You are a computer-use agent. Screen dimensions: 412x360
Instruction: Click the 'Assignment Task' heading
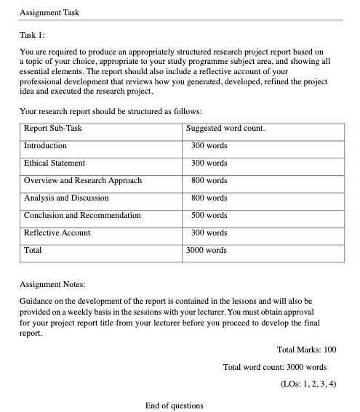tap(49, 12)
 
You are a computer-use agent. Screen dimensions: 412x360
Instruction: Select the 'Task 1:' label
tap(32, 35)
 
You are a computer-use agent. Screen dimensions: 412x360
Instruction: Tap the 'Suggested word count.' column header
tap(225, 129)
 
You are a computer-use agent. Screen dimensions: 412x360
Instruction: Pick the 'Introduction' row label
tap(45, 146)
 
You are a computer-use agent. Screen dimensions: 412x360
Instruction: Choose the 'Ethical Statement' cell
tap(55, 163)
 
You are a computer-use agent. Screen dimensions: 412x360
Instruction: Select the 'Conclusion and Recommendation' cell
tap(82, 216)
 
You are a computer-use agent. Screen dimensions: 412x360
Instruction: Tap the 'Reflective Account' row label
tap(57, 233)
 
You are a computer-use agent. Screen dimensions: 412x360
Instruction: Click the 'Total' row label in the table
tap(33, 251)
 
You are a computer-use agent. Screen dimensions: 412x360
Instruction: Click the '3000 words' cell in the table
tap(207, 251)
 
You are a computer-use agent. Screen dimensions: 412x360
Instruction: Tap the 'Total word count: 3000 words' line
tap(276, 366)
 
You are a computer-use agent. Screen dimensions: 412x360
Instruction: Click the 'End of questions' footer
tap(175, 405)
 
